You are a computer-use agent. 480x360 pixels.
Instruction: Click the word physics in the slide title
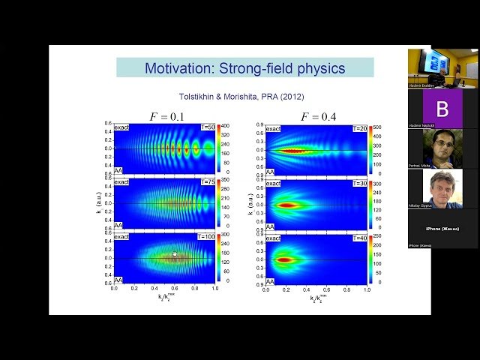[319, 68]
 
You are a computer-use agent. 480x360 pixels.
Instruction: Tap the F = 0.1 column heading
[169, 116]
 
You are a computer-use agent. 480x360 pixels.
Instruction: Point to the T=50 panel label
[207, 127]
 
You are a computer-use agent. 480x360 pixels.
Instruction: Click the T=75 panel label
[207, 181]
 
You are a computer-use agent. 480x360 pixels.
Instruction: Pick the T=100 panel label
[205, 236]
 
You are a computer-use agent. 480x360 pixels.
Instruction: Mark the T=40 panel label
[359, 237]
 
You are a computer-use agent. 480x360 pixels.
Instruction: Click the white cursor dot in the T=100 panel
[175, 254]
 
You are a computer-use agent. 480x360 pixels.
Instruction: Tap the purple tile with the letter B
[442, 109]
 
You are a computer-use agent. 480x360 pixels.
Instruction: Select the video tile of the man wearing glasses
[442, 148]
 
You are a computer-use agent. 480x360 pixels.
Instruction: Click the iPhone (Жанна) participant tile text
[442, 228]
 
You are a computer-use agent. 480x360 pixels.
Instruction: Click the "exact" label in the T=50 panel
[121, 127]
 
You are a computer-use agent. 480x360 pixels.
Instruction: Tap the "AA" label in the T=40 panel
[270, 280]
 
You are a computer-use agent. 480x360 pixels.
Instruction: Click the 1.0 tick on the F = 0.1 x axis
[215, 288]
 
